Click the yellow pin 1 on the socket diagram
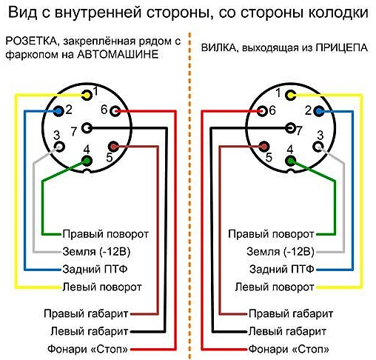[87, 95]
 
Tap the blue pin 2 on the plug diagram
[319, 111]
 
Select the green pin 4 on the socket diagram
[87, 161]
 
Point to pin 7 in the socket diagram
[87, 128]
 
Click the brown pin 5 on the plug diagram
[263, 147]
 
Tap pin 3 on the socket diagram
[59, 147]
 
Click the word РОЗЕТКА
[32, 41]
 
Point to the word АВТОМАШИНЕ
[118, 54]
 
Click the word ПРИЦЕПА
[342, 47]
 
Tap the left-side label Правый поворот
[106, 234]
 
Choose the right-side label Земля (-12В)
[281, 252]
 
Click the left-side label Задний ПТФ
[95, 269]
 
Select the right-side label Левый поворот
[275, 287]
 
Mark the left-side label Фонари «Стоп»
[88, 349]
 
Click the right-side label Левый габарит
[287, 331]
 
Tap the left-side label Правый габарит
[86, 313]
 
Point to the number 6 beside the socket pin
[104, 110]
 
